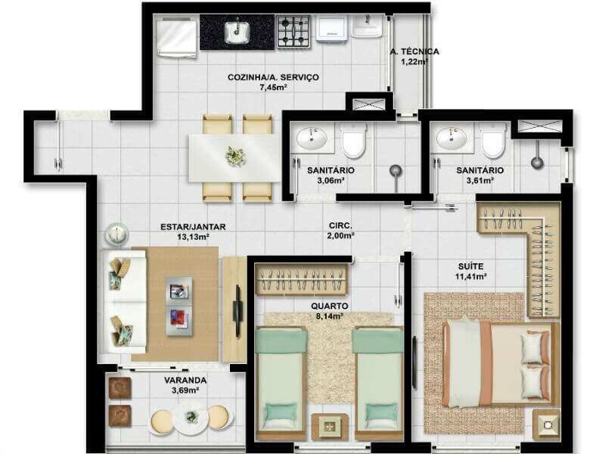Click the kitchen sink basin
(x=237, y=32)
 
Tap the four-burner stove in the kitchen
(x=293, y=32)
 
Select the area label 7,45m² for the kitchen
(x=273, y=87)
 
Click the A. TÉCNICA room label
(x=414, y=51)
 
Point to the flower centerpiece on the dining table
(x=235, y=156)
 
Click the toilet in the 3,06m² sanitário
(x=354, y=140)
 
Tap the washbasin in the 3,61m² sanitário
(x=451, y=138)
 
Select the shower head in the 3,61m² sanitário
(x=537, y=161)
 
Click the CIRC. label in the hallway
(x=340, y=225)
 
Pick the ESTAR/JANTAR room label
(x=193, y=227)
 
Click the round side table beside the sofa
(x=116, y=235)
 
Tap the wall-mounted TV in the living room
(x=237, y=311)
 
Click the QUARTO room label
(x=330, y=306)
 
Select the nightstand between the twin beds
(x=329, y=426)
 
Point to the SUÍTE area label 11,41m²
(x=470, y=276)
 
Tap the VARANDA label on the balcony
(x=185, y=381)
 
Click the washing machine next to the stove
(x=333, y=28)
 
